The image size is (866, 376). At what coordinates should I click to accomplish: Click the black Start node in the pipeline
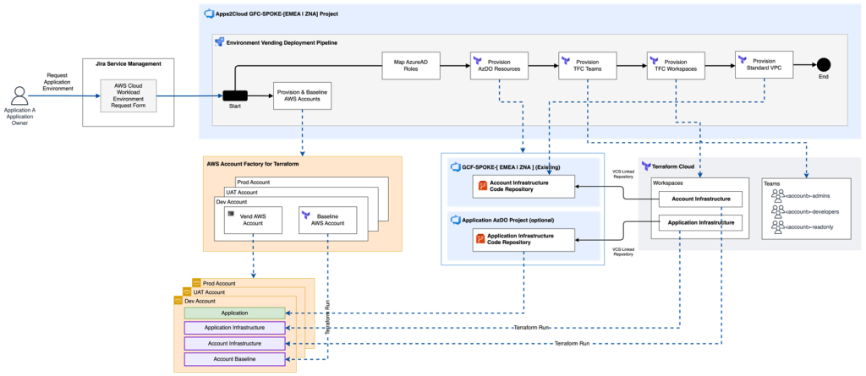tap(235, 95)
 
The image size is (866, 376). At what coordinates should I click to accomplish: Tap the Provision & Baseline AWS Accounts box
tap(302, 96)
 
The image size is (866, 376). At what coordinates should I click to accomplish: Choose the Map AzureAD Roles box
tap(411, 66)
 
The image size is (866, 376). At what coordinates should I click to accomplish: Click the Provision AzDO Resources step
tap(500, 66)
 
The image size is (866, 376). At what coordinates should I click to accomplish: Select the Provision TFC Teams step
tap(587, 66)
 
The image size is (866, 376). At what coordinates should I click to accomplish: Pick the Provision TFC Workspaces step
tap(675, 66)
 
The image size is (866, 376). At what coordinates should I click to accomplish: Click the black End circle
tap(823, 66)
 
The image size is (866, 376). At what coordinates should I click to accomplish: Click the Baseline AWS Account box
tap(328, 221)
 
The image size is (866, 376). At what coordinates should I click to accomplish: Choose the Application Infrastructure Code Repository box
tap(523, 240)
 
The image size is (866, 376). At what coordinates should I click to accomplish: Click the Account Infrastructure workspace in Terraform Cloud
tap(701, 199)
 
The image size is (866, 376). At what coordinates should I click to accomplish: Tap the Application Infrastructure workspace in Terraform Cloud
tap(701, 223)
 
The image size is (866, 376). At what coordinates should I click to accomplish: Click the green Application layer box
tap(234, 313)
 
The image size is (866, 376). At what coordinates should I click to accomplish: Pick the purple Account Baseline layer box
tap(234, 359)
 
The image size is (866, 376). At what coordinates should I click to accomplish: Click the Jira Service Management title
tap(129, 64)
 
